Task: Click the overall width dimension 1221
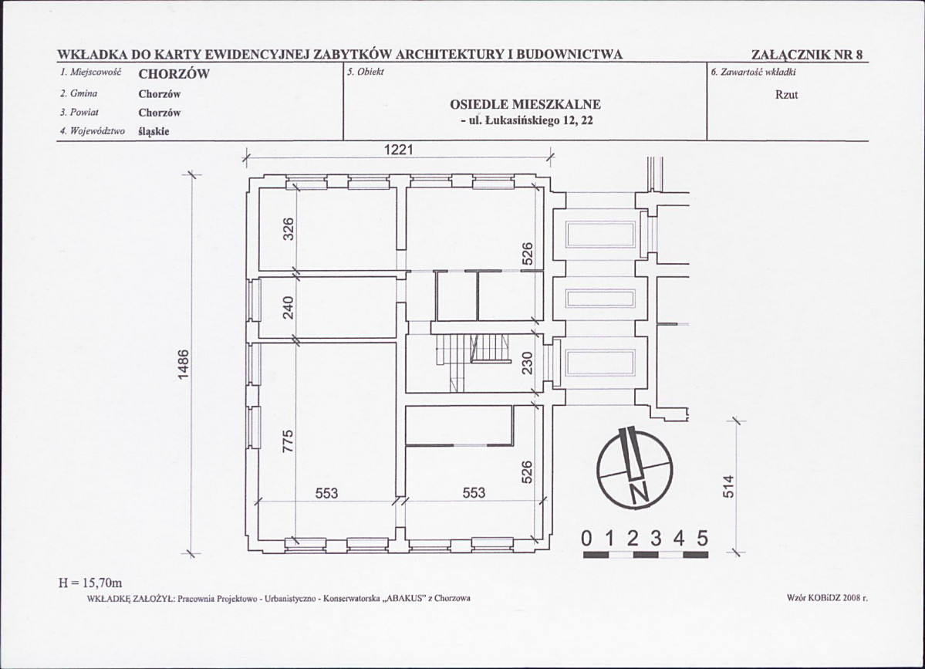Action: coord(400,151)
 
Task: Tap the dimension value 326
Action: coord(289,228)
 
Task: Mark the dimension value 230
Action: coord(528,363)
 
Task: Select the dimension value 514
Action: coord(730,486)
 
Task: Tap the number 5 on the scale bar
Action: coord(702,538)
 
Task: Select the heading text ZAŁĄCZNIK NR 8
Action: coord(808,55)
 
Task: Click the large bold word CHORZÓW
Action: coord(174,75)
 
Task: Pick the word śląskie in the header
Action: coord(154,130)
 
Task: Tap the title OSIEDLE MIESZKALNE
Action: coord(525,104)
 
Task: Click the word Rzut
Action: coord(787,95)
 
